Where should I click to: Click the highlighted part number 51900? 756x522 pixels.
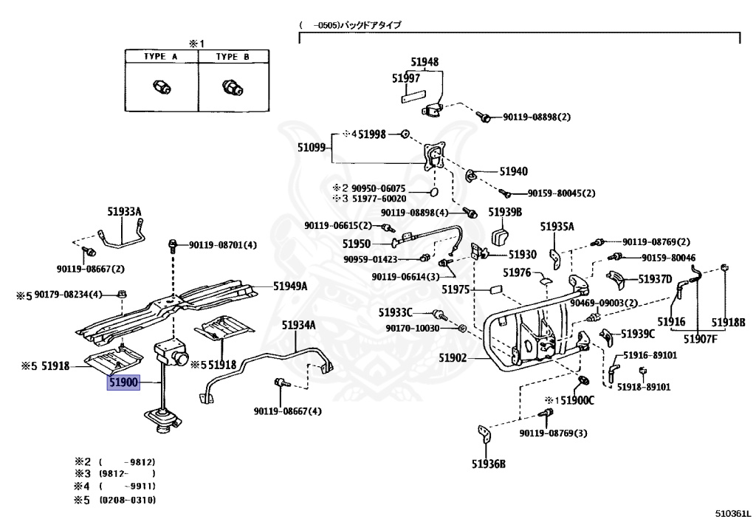(123, 382)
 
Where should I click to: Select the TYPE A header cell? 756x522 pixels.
(162, 56)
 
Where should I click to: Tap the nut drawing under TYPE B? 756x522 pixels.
(233, 88)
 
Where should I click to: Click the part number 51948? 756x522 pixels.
(425, 62)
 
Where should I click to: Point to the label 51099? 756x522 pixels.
(312, 148)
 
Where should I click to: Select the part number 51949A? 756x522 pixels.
(289, 286)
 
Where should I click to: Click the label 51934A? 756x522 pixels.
(298, 326)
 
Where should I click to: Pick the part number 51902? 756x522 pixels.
(453, 358)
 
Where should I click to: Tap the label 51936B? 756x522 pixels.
(489, 464)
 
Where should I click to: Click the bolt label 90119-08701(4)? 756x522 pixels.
(223, 245)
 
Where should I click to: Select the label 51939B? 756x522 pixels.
(505, 212)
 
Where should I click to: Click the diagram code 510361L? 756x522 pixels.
(734, 515)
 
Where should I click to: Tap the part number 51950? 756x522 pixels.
(357, 244)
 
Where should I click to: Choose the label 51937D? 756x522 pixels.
(655, 279)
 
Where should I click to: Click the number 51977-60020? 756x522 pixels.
(379, 199)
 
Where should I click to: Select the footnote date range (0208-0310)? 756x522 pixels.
(128, 500)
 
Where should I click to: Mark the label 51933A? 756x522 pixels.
(124, 212)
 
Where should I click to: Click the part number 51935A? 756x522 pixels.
(557, 227)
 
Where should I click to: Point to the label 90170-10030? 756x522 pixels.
(412, 329)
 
